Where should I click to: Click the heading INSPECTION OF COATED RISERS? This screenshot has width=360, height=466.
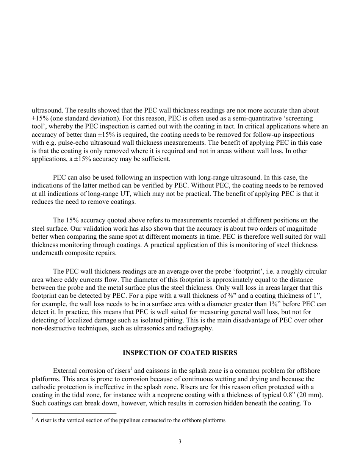pyautogui.click(x=180, y=353)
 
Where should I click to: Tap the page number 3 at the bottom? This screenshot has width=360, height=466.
pyautogui.click(x=180, y=441)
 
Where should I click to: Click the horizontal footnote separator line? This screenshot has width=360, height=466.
pyautogui.click(x=74, y=413)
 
